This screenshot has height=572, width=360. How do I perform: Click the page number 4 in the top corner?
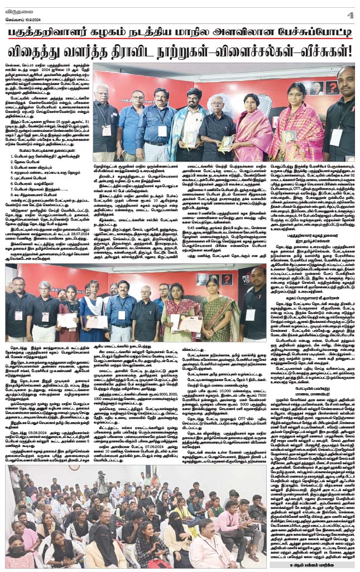tap(350, 14)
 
